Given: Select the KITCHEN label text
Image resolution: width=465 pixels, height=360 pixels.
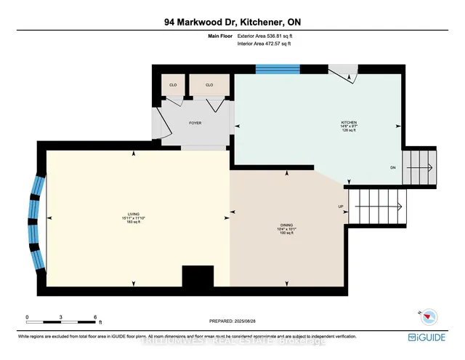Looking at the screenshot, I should pos(350,122).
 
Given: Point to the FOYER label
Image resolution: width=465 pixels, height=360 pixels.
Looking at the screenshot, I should pos(195,123).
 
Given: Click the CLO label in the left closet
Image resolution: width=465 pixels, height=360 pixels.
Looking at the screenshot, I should pos(173,85).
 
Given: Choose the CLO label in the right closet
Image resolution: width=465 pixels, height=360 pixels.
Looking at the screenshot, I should pos(209,85).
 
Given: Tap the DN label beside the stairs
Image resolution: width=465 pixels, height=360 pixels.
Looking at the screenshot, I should pos(392,168).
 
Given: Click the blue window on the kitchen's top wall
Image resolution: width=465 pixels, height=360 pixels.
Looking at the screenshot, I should pos(278,69).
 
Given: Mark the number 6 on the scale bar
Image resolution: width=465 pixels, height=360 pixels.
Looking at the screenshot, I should pos(96,317).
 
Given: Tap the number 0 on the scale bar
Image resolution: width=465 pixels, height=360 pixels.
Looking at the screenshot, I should pos(28,317).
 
